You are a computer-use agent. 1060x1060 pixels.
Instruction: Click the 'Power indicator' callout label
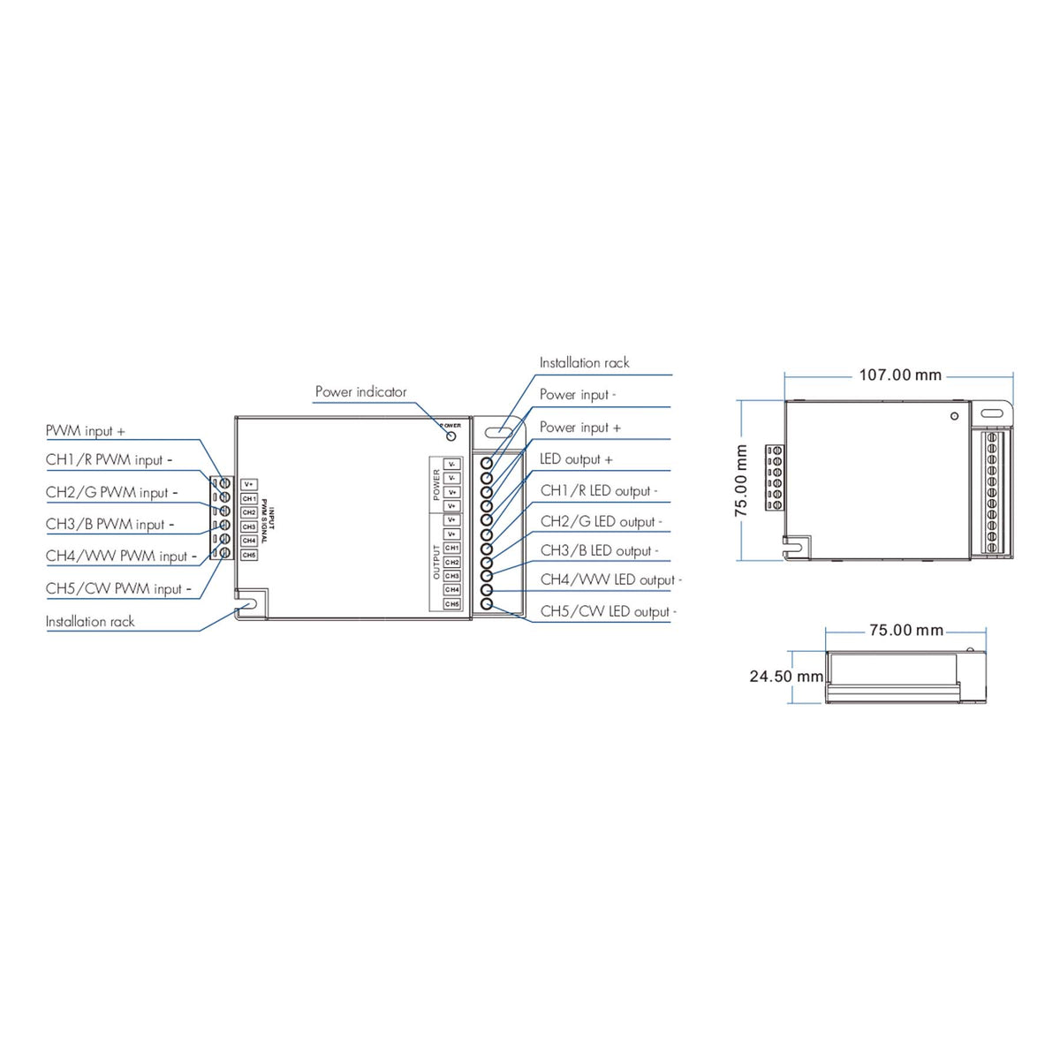360,392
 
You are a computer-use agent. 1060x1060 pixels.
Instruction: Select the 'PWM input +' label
86,431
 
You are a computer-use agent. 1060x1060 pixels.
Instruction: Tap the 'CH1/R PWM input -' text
109,460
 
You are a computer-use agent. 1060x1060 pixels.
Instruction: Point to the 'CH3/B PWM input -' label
110,525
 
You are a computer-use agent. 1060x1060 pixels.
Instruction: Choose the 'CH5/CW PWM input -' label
118,589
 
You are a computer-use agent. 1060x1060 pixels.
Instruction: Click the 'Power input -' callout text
578,395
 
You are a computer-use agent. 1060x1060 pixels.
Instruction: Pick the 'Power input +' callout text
579,428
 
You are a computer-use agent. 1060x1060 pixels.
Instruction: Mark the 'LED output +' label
576,459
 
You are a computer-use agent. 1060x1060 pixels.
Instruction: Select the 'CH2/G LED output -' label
601,522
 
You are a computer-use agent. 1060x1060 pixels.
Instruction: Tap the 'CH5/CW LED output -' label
608,611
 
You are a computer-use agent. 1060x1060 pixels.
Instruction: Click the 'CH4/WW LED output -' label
610,580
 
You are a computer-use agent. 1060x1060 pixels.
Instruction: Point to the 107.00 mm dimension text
900,375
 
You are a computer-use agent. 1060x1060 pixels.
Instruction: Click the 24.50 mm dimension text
786,677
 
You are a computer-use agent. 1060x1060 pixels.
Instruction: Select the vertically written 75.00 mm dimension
742,481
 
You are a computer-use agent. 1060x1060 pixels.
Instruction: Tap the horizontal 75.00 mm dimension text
905,631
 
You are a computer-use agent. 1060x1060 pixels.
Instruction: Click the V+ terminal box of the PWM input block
249,484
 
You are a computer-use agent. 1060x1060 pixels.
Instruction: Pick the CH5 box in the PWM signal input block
249,555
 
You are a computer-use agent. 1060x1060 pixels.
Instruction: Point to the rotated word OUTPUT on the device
436,562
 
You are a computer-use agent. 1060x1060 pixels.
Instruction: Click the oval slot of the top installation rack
497,432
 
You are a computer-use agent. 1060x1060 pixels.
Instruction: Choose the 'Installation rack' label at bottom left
90,622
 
